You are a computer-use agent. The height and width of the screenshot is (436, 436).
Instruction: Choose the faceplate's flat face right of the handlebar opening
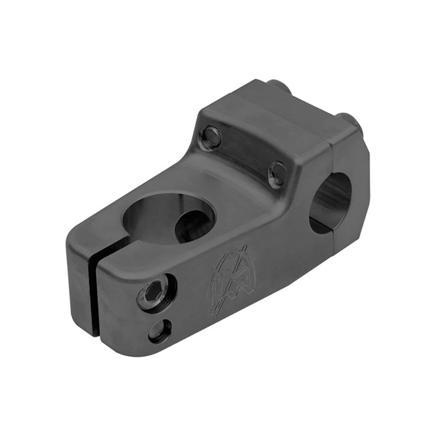(x=360, y=179)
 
